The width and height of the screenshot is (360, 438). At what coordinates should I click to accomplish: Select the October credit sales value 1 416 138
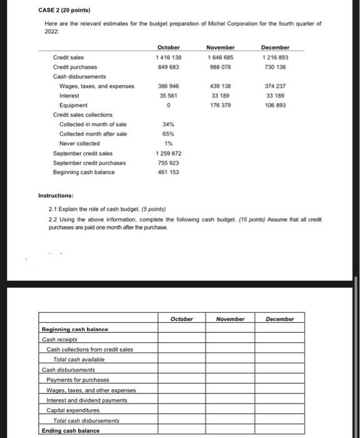click(x=168, y=57)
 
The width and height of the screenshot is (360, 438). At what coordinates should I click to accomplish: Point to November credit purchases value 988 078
click(x=220, y=66)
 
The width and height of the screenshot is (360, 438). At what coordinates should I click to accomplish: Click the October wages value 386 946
click(x=168, y=86)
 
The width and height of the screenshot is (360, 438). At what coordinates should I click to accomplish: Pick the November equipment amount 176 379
click(x=220, y=105)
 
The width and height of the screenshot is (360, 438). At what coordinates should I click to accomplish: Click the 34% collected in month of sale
click(x=168, y=125)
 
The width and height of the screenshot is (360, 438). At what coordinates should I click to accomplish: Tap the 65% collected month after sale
click(x=168, y=134)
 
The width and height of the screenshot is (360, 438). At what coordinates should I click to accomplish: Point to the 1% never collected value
click(x=168, y=143)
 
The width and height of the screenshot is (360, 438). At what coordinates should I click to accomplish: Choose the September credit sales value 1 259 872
click(x=168, y=153)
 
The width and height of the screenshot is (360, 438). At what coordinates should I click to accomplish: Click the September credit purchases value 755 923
click(x=168, y=163)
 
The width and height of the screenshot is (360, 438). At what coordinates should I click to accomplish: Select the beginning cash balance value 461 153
click(x=168, y=172)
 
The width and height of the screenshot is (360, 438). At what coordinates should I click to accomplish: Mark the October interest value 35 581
click(x=168, y=96)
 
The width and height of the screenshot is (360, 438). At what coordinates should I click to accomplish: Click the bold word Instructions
click(x=59, y=196)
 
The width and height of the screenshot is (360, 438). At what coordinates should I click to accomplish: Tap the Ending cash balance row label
click(x=70, y=430)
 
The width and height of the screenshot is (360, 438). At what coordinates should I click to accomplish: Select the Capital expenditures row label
click(x=73, y=410)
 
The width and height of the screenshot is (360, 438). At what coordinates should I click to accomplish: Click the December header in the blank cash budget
click(x=280, y=318)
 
